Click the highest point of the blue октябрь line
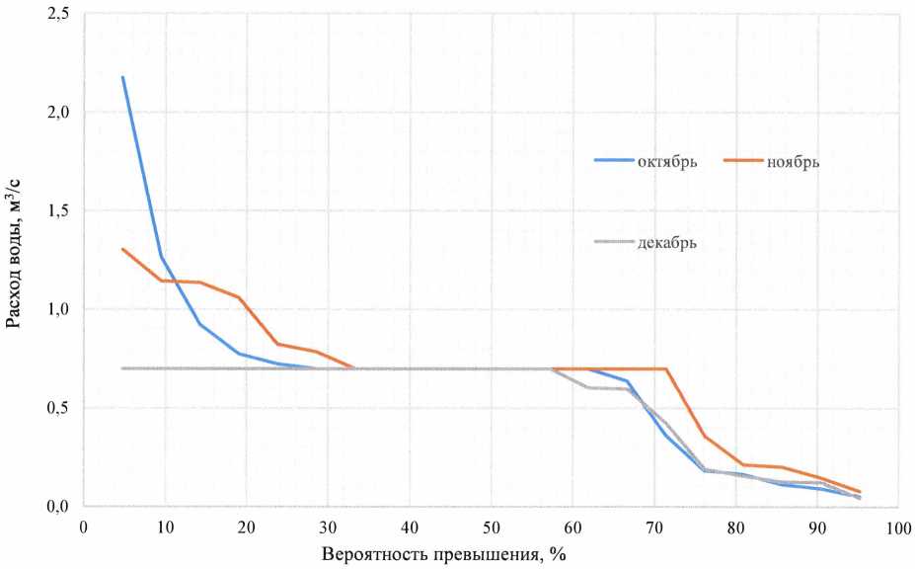pos(123,77)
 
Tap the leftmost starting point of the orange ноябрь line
pos(123,249)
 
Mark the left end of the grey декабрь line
pos(123,368)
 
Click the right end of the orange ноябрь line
pos(860,492)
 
